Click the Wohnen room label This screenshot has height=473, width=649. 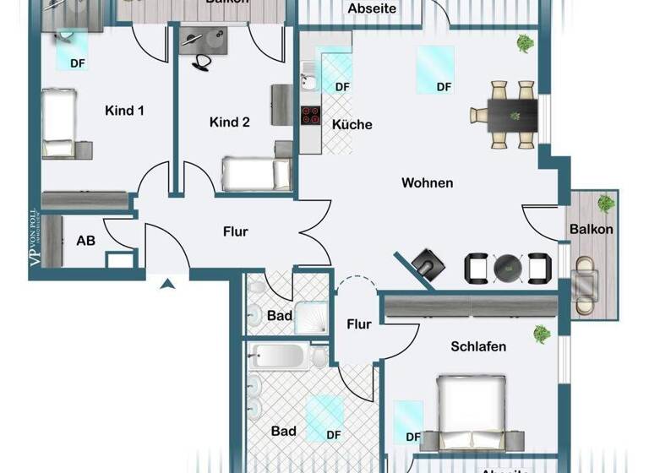427,182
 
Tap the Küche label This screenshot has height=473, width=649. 352,124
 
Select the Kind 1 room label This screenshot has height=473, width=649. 124,110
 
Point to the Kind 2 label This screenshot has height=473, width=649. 229,122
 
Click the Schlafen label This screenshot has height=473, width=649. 478,346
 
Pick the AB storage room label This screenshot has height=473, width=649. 85,241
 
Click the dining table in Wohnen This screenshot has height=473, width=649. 512,114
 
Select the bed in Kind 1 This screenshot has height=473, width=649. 59,123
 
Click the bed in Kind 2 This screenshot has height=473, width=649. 255,174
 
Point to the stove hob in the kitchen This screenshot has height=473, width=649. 310,115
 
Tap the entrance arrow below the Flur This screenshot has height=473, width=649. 168,285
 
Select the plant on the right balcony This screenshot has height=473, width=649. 605,203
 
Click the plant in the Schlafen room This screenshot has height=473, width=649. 541,334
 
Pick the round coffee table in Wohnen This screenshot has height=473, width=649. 508,268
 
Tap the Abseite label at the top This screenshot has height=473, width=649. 372,8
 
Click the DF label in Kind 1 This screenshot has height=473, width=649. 77,62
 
